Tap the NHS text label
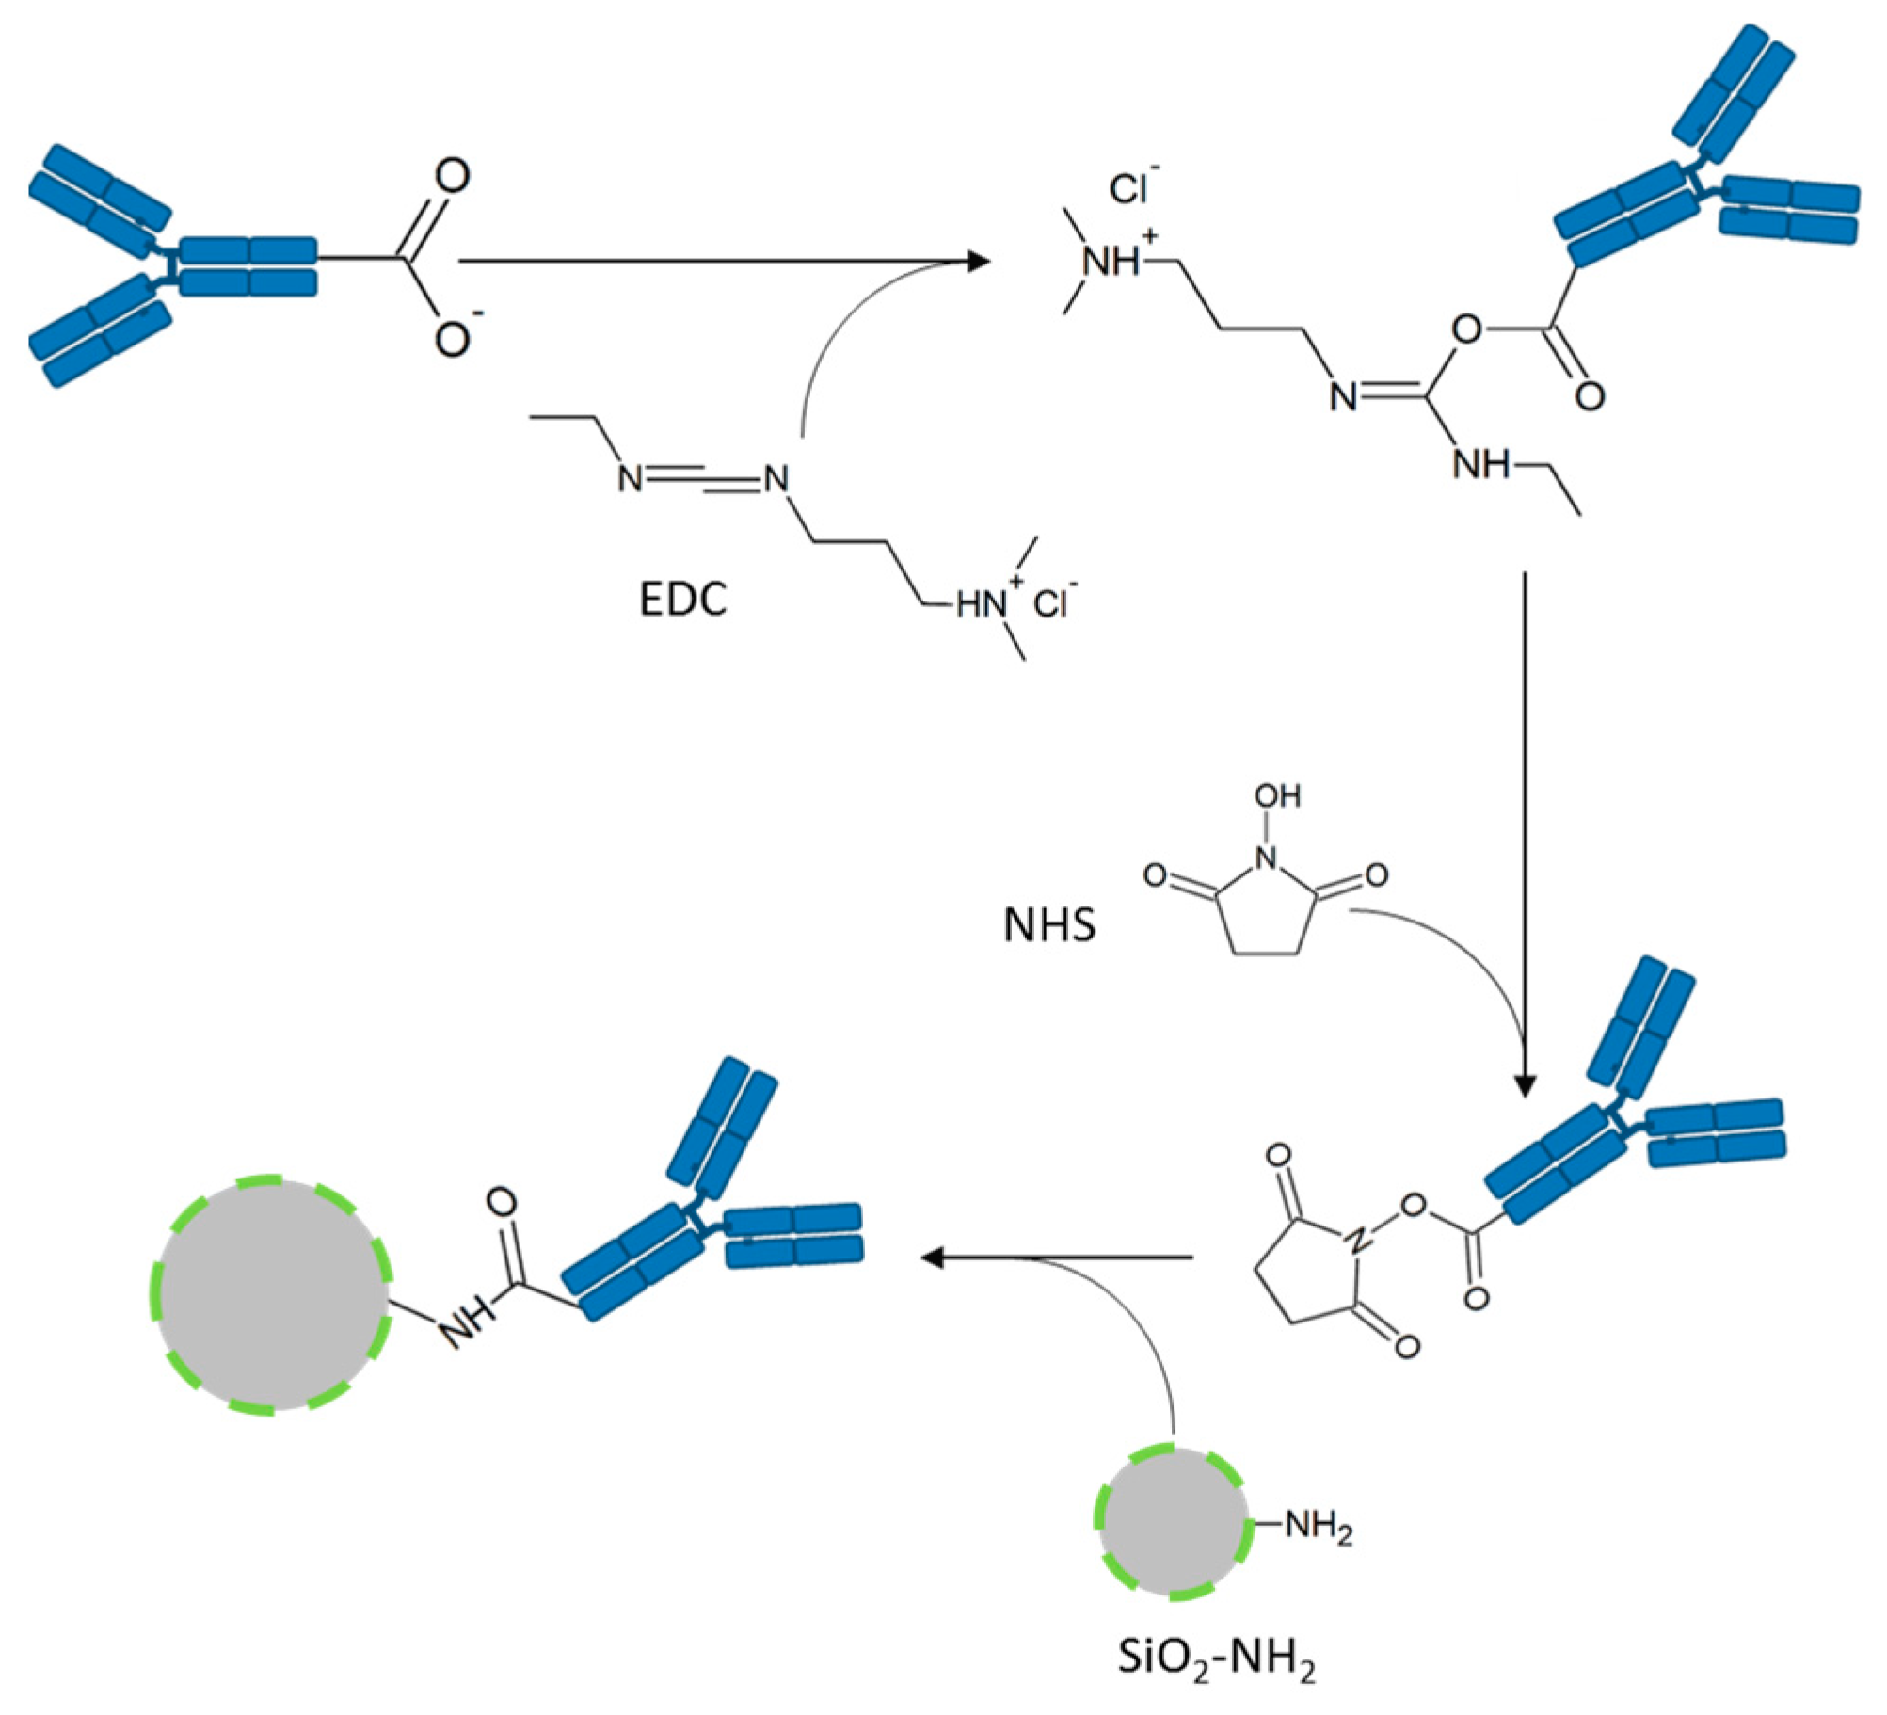1049,925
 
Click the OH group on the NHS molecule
1277,796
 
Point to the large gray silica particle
270,1293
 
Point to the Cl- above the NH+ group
1132,188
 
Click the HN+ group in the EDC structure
983,604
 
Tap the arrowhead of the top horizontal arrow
979,261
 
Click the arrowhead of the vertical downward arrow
1525,1084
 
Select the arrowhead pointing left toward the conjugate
932,1258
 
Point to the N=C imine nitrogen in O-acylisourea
1344,396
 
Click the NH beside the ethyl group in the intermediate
1479,463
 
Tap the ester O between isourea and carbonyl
1466,329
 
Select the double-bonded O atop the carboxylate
453,176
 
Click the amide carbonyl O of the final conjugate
503,1202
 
